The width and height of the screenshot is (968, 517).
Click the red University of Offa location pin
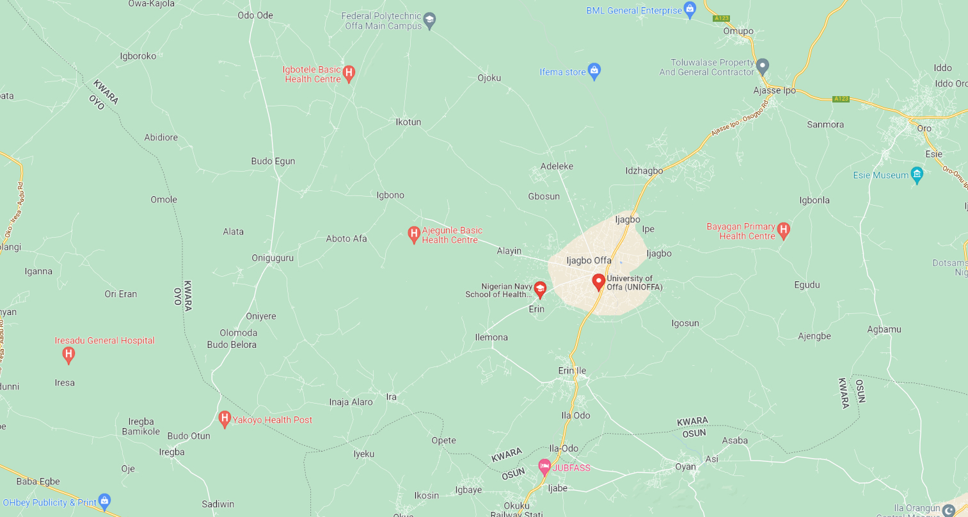[599, 281]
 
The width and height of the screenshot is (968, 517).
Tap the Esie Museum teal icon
[917, 174]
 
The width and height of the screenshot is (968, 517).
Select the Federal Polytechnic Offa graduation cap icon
[430, 21]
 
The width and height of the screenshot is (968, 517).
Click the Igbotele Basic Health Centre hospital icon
[349, 73]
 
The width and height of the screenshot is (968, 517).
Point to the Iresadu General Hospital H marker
[68, 353]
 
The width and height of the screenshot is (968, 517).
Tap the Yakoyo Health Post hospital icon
[225, 419]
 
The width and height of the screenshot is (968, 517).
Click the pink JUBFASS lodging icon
[544, 466]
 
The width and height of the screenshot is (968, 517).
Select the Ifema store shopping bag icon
[594, 70]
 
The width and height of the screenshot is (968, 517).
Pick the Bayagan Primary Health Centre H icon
[784, 230]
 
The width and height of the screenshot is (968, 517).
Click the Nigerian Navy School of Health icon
[540, 289]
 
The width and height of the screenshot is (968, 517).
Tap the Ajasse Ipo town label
[774, 90]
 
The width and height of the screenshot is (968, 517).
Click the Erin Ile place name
[572, 370]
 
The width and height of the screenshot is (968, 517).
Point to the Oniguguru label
[273, 258]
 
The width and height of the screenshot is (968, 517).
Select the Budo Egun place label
[273, 161]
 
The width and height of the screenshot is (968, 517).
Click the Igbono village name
[390, 195]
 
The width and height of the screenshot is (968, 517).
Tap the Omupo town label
[738, 31]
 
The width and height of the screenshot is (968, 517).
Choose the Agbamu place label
[884, 329]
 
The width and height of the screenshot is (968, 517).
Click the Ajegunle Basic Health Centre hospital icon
[414, 234]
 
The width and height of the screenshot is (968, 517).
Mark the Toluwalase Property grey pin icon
[763, 66]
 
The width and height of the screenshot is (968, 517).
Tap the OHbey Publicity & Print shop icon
[105, 501]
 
